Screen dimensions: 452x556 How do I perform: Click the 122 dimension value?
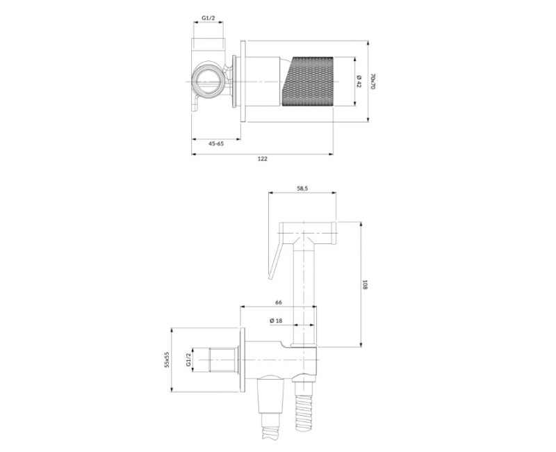pyautogui.click(x=262, y=159)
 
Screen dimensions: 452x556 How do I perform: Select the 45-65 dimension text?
pyautogui.click(x=216, y=143)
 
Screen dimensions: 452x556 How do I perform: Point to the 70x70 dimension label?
pyautogui.click(x=373, y=81)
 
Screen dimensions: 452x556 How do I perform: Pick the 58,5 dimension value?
pyautogui.click(x=302, y=188)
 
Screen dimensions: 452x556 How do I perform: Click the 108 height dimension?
pyautogui.click(x=365, y=284)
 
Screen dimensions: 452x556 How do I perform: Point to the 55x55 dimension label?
pyautogui.click(x=167, y=359)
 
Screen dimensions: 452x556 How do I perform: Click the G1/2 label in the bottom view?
pyautogui.click(x=188, y=359)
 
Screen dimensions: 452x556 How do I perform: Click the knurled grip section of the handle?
pyautogui.click(x=311, y=81)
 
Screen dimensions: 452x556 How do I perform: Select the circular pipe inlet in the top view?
pyautogui.click(x=208, y=81)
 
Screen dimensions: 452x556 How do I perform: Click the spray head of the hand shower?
pyautogui.click(x=309, y=229)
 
